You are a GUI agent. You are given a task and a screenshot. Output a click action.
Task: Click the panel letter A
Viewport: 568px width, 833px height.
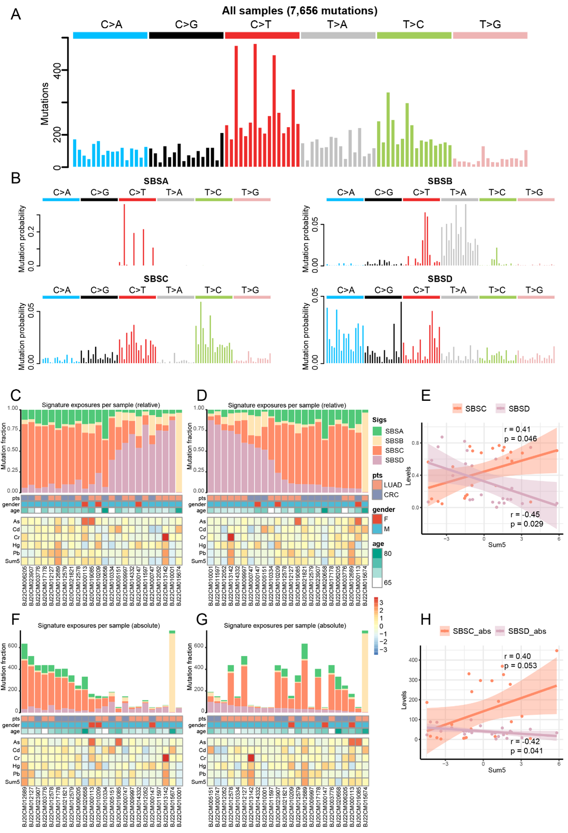coord(16,14)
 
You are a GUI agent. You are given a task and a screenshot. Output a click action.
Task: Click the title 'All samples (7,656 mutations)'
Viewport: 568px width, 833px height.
coord(299,10)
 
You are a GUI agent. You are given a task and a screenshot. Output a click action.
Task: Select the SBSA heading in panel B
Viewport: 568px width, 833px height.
coord(156,181)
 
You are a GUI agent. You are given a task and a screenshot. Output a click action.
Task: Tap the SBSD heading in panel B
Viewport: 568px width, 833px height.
coord(440,279)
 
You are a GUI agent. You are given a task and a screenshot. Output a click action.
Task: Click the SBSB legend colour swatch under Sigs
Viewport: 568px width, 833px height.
coord(377,441)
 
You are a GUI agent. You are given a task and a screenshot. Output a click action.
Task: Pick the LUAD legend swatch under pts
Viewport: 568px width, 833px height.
coord(377,485)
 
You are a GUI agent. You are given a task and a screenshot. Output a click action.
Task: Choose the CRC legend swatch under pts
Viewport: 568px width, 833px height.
coord(377,495)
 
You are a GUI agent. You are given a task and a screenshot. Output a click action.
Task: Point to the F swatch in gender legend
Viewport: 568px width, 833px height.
coord(377,519)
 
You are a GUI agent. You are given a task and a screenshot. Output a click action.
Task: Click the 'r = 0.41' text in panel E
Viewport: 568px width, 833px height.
coord(517,429)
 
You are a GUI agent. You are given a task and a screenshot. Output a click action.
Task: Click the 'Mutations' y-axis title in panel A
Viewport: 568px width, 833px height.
coord(45,103)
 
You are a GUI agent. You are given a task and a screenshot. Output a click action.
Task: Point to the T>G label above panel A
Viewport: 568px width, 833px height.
coord(490,25)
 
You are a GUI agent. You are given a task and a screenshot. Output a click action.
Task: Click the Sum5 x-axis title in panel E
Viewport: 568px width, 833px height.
coord(497,545)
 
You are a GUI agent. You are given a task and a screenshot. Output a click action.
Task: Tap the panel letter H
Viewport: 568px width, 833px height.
coord(426,620)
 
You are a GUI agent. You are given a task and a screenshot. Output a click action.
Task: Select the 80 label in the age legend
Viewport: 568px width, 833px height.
coord(388,553)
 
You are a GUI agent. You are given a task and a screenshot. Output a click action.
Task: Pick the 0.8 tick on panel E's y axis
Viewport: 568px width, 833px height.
coord(415,443)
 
